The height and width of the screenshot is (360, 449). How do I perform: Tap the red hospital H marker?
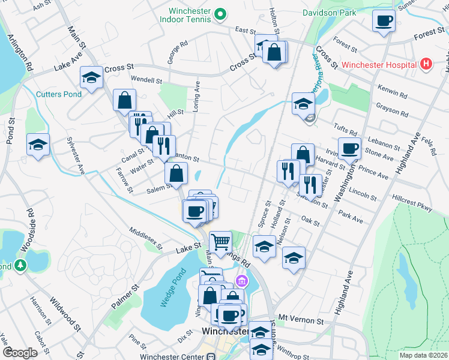pyautogui.click(x=426, y=64)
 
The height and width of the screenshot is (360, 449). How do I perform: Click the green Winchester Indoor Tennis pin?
pyautogui.click(x=220, y=12)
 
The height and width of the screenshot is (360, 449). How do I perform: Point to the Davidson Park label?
pyautogui.click(x=330, y=12)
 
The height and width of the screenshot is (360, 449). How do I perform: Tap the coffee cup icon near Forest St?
pyautogui.click(x=383, y=22)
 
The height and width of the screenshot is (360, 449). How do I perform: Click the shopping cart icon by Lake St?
pyautogui.click(x=221, y=242)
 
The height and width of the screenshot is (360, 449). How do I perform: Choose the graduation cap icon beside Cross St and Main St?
pyautogui.click(x=91, y=77)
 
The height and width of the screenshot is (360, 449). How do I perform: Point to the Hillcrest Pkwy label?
pyautogui.click(x=412, y=206)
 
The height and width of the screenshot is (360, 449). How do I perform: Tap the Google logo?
pyautogui.click(x=20, y=352)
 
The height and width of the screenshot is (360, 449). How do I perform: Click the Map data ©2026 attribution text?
pyautogui.click(x=423, y=355)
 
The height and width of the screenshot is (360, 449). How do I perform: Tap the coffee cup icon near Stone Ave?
pyautogui.click(x=349, y=148)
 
